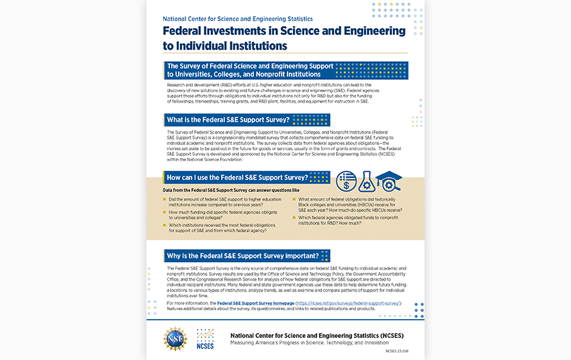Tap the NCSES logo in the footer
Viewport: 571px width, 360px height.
click(x=206, y=339)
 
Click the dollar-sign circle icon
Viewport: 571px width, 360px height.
click(x=347, y=180)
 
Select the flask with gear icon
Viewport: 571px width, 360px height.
click(x=367, y=180)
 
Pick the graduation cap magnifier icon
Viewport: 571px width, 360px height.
click(x=388, y=180)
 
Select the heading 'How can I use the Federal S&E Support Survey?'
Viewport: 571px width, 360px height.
click(x=237, y=178)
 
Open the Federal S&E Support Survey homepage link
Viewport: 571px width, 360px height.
click(x=255, y=304)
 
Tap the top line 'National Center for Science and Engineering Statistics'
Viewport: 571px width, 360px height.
click(x=238, y=19)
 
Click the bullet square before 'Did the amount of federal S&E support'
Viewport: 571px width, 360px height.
click(x=165, y=199)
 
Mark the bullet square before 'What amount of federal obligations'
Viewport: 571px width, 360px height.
click(x=294, y=199)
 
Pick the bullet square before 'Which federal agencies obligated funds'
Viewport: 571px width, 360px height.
click(x=294, y=218)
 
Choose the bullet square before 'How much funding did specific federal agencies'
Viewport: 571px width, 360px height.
click(x=165, y=212)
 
